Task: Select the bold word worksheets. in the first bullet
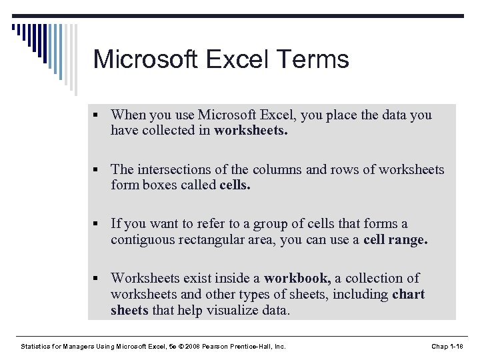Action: click(251, 131)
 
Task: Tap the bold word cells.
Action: click(235, 185)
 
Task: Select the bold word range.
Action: click(407, 240)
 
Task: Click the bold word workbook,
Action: click(297, 278)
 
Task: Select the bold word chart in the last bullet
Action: click(409, 294)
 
